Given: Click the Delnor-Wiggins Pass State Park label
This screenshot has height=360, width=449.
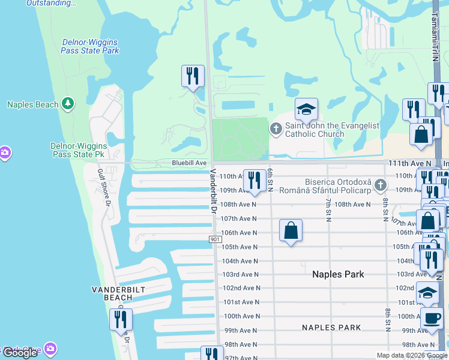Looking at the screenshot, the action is click(x=90, y=46).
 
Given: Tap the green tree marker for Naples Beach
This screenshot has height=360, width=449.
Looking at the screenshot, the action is click(x=68, y=104).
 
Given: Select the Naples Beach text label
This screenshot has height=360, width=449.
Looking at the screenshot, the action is click(x=32, y=104).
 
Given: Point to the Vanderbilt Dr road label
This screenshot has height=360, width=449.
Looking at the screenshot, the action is click(x=212, y=190).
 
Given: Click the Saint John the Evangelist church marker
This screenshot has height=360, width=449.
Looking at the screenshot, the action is click(x=276, y=127).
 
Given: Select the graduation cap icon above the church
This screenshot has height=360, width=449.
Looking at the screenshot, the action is click(x=306, y=109).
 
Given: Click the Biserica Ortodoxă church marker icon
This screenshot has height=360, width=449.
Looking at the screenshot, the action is click(x=379, y=185).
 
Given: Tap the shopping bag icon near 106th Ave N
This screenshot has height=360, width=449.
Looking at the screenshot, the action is click(x=291, y=230).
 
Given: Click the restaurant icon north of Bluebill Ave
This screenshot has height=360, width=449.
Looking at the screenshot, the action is click(x=193, y=76).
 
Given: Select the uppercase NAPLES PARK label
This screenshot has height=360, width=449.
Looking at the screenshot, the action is click(x=331, y=328).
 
